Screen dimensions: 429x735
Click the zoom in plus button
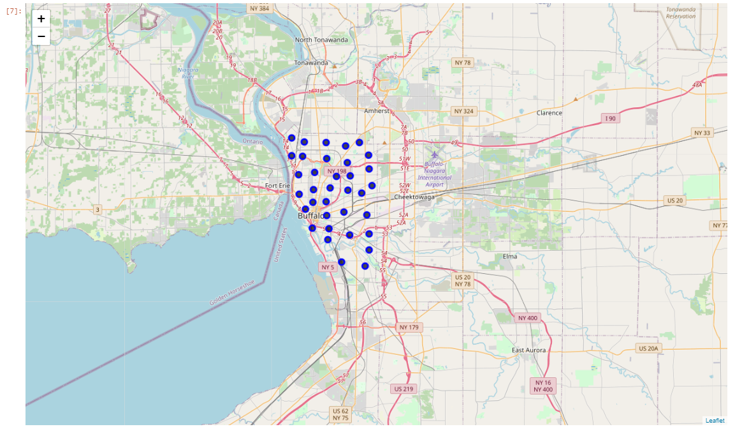pyautogui.click(x=41, y=19)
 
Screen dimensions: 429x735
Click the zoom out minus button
pyautogui.click(x=41, y=36)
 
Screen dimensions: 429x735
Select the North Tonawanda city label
pyautogui.click(x=321, y=40)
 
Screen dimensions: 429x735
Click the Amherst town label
pyautogui.click(x=377, y=110)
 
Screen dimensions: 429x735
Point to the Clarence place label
pyautogui.click(x=549, y=113)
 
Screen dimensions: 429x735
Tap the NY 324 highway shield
pyautogui.click(x=463, y=111)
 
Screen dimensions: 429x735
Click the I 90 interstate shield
pyautogui.click(x=610, y=119)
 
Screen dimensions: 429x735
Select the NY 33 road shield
pyautogui.click(x=701, y=132)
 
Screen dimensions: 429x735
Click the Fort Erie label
pyautogui.click(x=277, y=186)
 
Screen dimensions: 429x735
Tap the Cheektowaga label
pyautogui.click(x=414, y=197)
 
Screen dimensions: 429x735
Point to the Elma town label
pyautogui.click(x=510, y=256)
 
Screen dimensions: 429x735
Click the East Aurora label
pyautogui.click(x=528, y=350)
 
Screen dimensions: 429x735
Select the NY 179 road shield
pyautogui.click(x=410, y=327)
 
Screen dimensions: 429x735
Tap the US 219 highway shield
pyautogui.click(x=403, y=388)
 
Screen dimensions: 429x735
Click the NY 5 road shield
pyautogui.click(x=328, y=267)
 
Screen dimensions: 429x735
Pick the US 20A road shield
pyautogui.click(x=650, y=348)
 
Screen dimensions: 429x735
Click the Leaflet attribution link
pyautogui.click(x=715, y=420)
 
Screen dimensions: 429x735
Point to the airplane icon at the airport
pyautogui.click(x=435, y=153)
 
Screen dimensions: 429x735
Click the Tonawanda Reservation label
pyautogui.click(x=681, y=13)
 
